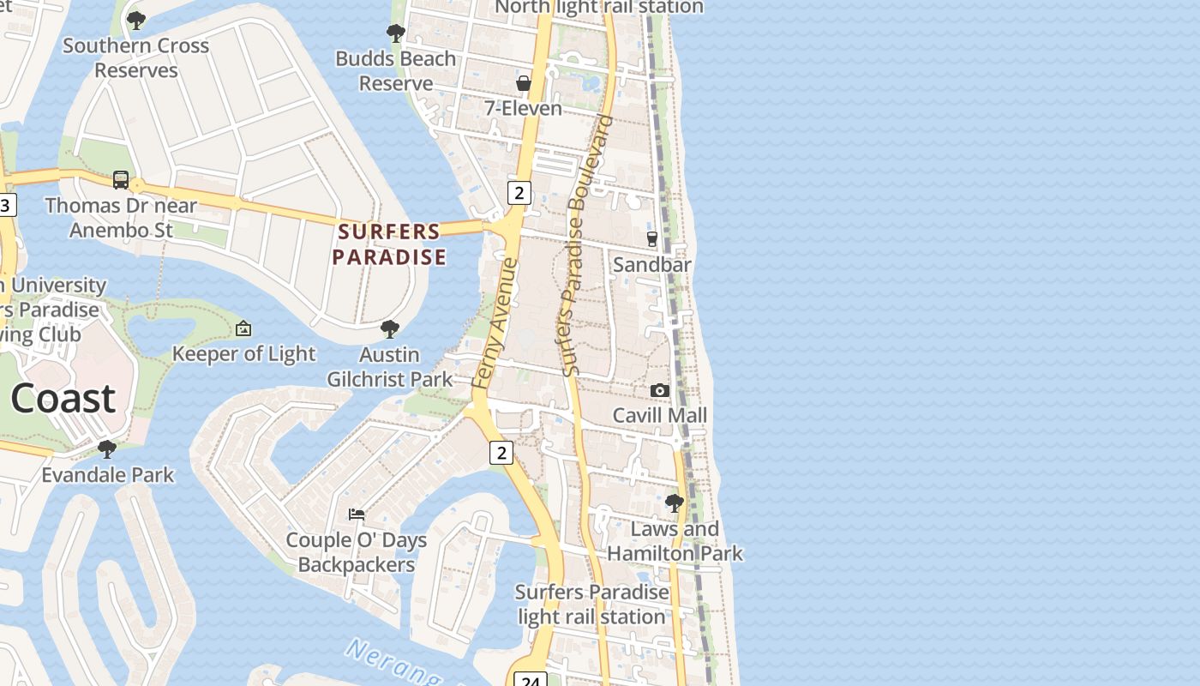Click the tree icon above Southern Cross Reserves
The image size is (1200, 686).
tap(135, 20)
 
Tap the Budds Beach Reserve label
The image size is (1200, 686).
tap(395, 71)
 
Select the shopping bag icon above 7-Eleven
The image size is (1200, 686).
tap(523, 83)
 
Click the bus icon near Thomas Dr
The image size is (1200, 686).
tap(121, 180)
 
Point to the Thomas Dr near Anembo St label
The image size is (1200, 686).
tap(121, 218)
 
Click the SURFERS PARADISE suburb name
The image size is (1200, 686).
tap(390, 244)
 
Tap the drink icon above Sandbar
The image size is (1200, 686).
tap(651, 238)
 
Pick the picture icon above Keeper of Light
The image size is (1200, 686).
tap(243, 328)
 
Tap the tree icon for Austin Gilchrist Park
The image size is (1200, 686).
tap(390, 329)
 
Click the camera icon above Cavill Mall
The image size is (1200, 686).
tap(659, 391)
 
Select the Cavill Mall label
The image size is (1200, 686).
tap(659, 416)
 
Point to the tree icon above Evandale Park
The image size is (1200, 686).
tap(107, 449)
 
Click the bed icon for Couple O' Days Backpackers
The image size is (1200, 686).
tap(357, 514)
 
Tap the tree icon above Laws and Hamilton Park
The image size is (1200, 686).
tap(675, 503)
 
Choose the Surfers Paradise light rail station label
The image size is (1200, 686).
tap(591, 605)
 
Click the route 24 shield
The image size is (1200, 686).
tap(531, 680)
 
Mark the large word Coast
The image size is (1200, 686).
tap(63, 399)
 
